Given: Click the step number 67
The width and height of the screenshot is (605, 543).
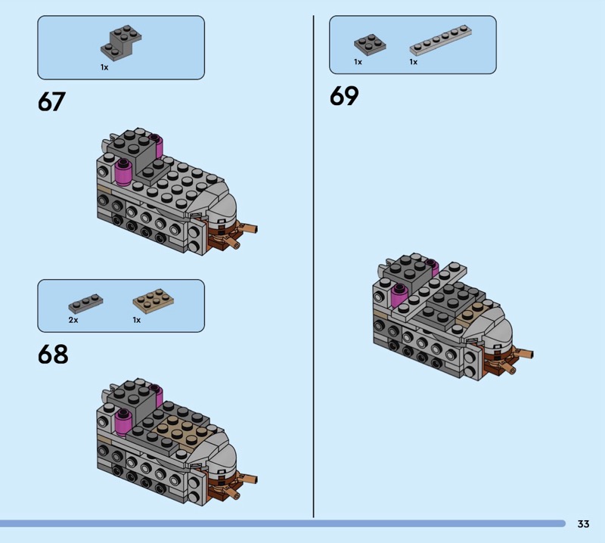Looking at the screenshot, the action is (51, 101).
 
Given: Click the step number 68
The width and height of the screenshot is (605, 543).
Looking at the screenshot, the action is (53, 354).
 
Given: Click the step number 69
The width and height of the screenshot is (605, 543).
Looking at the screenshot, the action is (344, 96).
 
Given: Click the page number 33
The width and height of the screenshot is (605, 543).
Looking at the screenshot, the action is (583, 523).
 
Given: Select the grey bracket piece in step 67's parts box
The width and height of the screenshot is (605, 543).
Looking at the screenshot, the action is (121, 42).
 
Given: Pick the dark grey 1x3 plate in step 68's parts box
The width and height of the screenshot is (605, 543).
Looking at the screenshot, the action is (85, 303).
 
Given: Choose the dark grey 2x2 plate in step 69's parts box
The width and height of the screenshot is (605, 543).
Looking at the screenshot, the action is (370, 45).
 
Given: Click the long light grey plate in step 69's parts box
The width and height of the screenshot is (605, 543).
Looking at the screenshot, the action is (441, 40).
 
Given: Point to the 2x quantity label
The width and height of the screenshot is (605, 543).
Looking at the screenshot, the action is (73, 320).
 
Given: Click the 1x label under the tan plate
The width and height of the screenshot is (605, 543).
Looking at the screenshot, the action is (137, 320).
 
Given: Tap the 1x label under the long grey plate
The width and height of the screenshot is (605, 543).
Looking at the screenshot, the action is (413, 62).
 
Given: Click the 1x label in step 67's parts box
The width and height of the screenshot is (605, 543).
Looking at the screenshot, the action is (104, 67).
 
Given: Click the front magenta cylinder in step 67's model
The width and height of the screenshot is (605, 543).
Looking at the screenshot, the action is (123, 172).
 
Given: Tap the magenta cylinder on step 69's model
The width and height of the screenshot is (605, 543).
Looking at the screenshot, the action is (399, 296).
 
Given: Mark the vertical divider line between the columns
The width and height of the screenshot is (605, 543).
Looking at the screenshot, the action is (313, 266).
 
